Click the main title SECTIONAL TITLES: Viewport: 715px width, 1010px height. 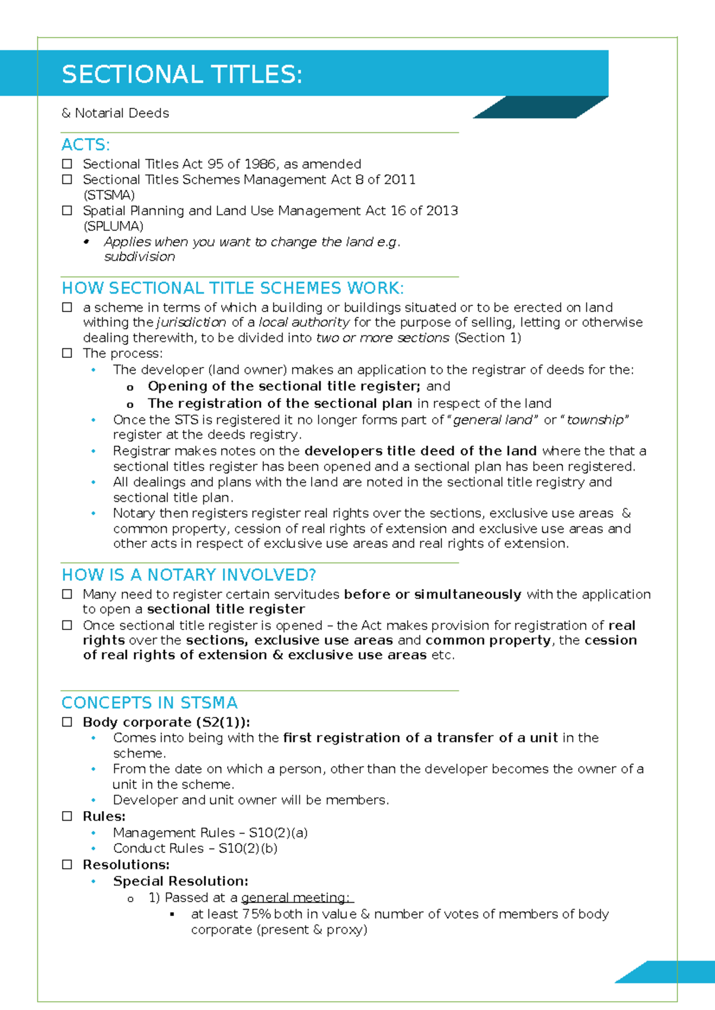182,75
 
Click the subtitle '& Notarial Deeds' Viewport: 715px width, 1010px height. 116,113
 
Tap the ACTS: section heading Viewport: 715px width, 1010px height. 85,145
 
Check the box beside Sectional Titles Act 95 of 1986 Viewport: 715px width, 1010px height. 67,164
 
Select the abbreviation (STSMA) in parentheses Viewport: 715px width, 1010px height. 109,195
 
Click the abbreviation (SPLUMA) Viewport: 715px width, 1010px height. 113,226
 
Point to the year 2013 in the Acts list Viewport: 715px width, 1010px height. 442,211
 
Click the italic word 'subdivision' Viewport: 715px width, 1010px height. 139,257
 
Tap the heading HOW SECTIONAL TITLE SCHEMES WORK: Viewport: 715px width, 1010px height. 232,288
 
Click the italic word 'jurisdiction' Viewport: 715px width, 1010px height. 191,323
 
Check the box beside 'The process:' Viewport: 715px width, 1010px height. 67,353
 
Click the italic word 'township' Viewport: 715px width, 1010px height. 595,420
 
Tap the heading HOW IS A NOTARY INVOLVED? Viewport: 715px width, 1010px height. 189,575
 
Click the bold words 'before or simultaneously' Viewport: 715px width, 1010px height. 433,594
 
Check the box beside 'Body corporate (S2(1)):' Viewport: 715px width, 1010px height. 67,722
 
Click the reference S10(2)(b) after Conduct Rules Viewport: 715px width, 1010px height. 248,848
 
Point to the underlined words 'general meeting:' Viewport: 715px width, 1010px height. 296,897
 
